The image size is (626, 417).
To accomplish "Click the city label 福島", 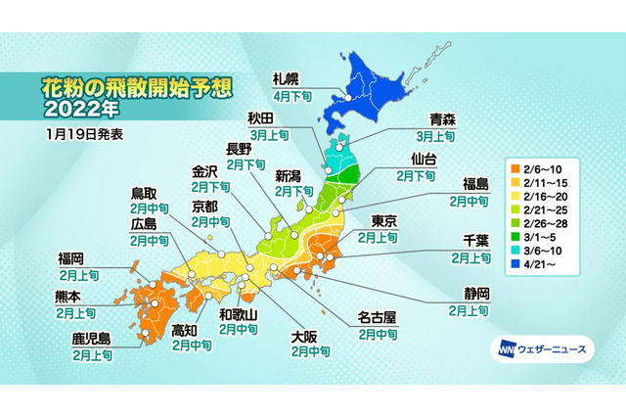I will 469,183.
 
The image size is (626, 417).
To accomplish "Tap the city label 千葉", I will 469,241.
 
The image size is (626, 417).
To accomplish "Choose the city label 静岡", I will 468,293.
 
